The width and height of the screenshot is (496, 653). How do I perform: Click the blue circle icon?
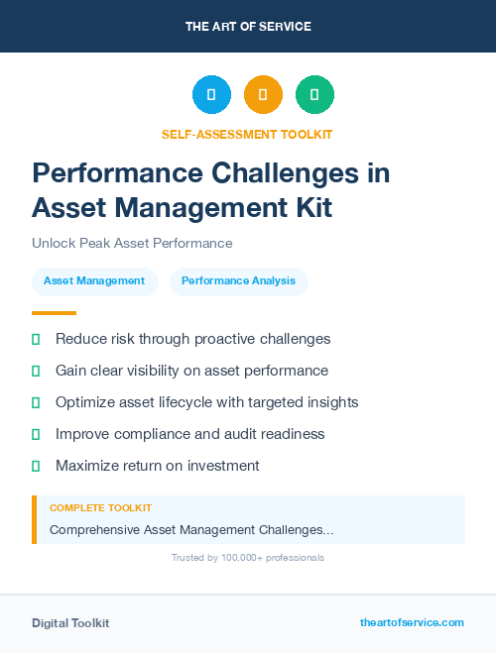[x=211, y=95]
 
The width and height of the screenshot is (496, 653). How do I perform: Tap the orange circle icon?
[x=263, y=95]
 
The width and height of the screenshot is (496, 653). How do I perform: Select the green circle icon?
[x=314, y=95]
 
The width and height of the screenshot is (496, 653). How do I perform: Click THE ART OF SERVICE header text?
[x=248, y=27]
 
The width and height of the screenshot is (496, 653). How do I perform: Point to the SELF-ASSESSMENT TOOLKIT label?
[x=247, y=134]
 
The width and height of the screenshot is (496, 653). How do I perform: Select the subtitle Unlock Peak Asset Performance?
[x=132, y=243]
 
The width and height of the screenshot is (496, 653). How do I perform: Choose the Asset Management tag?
[x=94, y=280]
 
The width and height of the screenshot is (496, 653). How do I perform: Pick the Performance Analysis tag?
[x=238, y=280]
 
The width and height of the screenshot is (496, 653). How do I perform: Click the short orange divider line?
[x=54, y=313]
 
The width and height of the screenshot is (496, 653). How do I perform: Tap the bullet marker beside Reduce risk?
[x=36, y=339]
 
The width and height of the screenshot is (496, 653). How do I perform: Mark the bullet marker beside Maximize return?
[x=36, y=466]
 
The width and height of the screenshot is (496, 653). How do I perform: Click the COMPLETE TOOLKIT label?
[x=100, y=507]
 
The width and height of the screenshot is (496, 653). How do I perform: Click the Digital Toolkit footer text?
[x=70, y=623]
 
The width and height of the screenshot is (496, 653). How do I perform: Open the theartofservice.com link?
[x=412, y=622]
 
